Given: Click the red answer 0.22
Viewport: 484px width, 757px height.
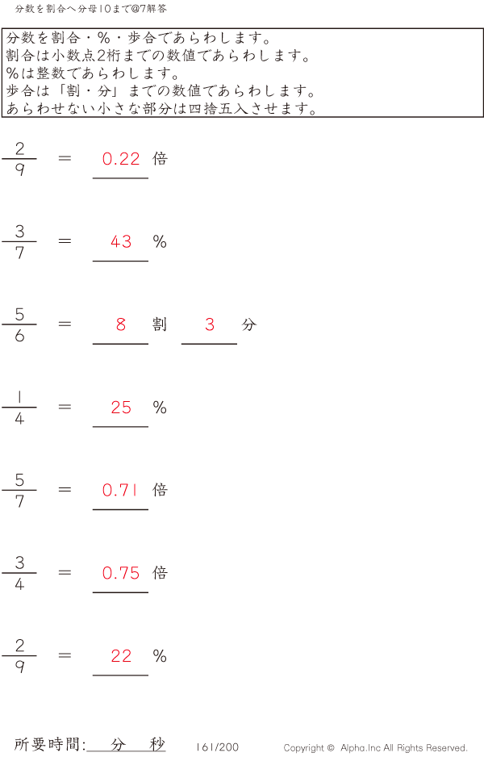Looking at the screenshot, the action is [x=121, y=159].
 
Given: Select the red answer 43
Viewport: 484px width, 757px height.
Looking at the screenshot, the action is [x=121, y=241].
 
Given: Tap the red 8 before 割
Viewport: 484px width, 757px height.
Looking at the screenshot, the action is [x=121, y=324].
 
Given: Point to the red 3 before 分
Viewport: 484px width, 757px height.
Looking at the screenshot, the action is [x=210, y=324].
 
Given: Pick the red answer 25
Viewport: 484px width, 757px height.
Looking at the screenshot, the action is [x=121, y=408].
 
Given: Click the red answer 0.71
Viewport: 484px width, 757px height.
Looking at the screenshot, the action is [x=119, y=490].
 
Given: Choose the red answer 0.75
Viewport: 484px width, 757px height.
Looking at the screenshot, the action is [x=121, y=573].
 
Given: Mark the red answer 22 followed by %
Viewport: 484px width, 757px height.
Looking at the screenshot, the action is [x=121, y=655].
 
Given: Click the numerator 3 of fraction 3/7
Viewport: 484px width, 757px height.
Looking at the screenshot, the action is [x=19, y=232].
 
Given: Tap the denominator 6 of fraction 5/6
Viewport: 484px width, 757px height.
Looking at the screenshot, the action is [x=19, y=336].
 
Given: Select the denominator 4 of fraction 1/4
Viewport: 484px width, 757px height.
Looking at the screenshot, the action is [x=19, y=419].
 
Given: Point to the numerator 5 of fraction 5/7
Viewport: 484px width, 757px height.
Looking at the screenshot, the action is [x=19, y=480].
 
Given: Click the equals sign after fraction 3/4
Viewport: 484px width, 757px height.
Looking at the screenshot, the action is [x=65, y=572].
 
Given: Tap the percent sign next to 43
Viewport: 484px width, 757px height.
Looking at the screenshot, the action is [x=160, y=241].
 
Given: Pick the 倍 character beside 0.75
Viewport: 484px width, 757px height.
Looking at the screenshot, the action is [x=160, y=572].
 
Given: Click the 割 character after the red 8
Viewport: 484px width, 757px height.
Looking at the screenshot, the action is [x=160, y=324].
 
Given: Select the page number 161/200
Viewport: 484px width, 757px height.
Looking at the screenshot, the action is [x=217, y=747].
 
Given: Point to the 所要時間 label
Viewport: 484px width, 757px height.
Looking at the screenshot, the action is [x=46, y=744].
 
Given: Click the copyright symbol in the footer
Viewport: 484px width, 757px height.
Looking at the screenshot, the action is [x=331, y=748].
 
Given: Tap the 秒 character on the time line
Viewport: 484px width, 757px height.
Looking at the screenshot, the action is [x=157, y=744].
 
